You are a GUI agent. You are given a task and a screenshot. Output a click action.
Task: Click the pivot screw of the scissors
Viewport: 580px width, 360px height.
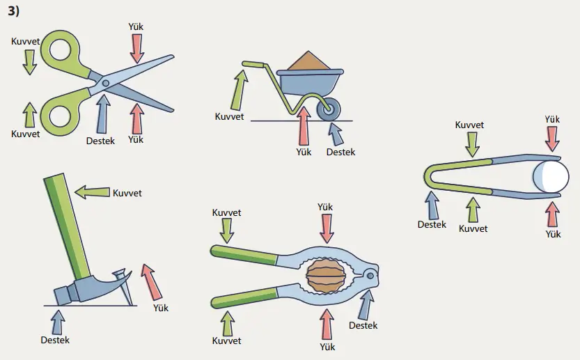pyautogui.click(x=105, y=83)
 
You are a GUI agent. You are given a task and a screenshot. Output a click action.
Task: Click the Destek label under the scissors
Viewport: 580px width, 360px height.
pyautogui.click(x=100, y=140)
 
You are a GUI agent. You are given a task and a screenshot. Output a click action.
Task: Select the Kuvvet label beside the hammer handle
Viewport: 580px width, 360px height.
pyautogui.click(x=127, y=193)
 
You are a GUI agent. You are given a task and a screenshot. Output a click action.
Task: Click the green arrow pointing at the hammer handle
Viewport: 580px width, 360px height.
pyautogui.click(x=92, y=192)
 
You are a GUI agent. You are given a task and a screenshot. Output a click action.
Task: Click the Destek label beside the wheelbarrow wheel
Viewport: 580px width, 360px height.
pyautogui.click(x=340, y=152)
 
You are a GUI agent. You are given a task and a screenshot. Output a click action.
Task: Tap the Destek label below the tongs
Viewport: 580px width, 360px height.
pyautogui.click(x=432, y=224)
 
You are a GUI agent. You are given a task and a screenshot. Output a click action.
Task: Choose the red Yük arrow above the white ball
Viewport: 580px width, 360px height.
pyautogui.click(x=552, y=138)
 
